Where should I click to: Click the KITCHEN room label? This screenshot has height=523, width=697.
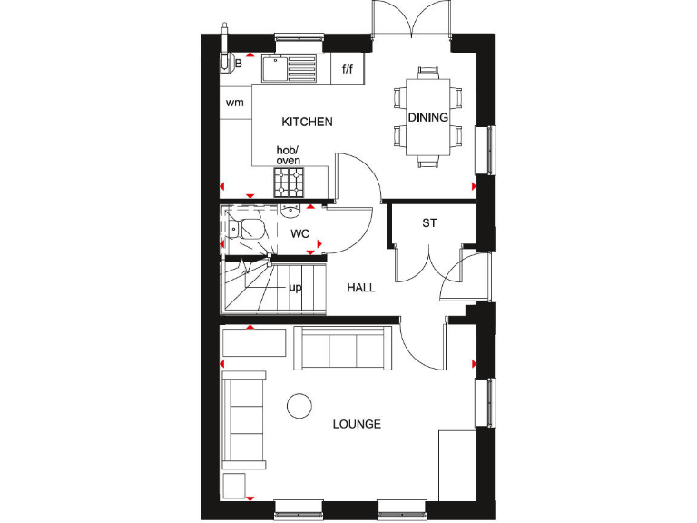307,122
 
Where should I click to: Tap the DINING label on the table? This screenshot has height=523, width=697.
427,118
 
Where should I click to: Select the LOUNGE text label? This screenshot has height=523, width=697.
356,424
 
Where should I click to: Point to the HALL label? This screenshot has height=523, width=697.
361,288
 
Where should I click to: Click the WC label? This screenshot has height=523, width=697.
299,233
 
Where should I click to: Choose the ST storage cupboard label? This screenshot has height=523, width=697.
429,223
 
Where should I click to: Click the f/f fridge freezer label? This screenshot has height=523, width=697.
347,69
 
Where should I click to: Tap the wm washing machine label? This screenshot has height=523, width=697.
235,103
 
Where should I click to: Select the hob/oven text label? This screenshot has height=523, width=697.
288,155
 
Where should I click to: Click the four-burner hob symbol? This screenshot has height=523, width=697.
291,182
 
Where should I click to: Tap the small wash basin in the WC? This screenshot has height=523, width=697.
290,211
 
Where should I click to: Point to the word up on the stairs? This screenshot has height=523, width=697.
295,288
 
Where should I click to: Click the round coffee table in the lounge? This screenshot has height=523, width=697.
299,406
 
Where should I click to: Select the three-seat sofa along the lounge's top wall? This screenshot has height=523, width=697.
342,348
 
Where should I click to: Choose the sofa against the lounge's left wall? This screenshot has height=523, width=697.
243,419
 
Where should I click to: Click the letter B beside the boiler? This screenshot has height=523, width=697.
239,64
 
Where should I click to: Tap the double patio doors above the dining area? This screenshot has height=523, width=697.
411,20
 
